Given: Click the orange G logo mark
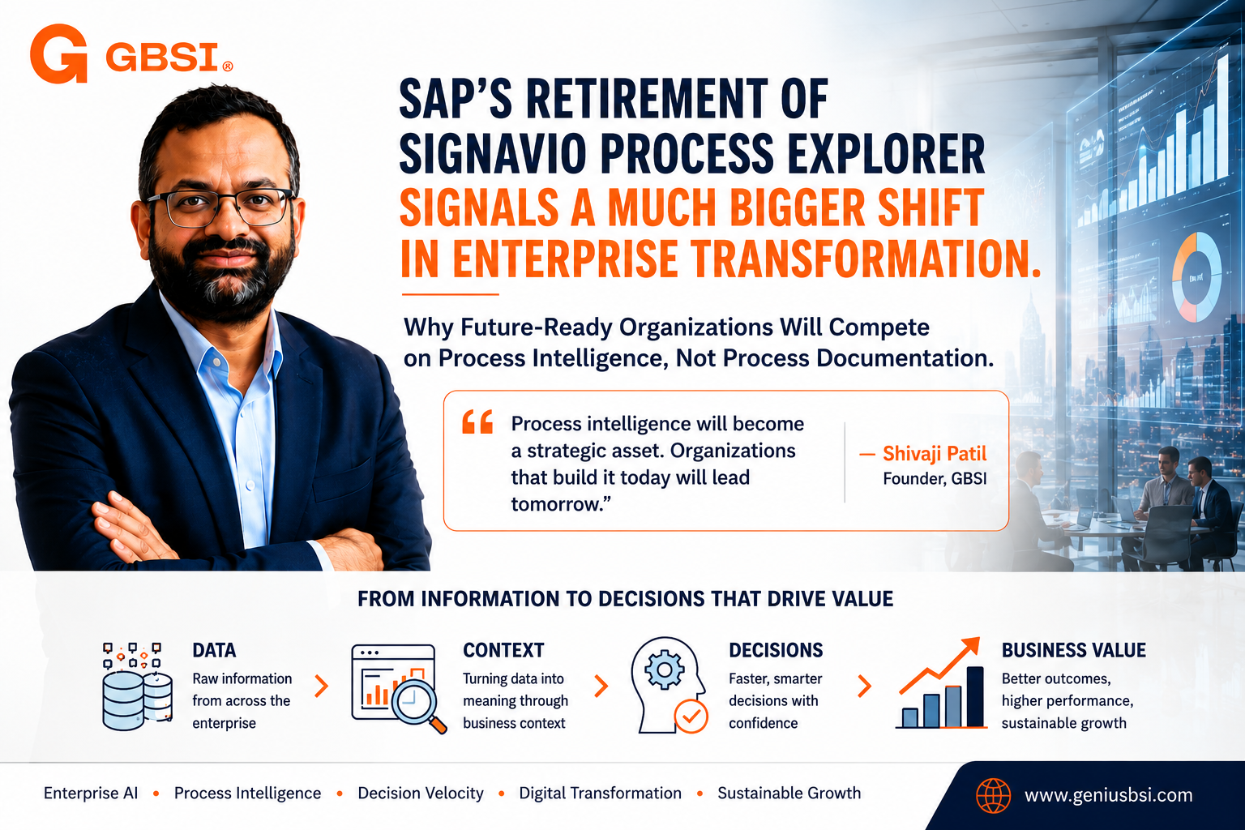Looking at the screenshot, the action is (x=59, y=53).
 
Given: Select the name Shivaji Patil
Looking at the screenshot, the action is (x=935, y=454).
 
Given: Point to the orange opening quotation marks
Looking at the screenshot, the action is (x=477, y=422).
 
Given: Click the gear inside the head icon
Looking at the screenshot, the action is (x=664, y=670).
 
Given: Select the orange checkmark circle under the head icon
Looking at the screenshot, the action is (x=691, y=716).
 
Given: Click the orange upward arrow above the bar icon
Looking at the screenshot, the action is (x=939, y=665).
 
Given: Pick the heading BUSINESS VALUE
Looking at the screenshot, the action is (x=1074, y=650).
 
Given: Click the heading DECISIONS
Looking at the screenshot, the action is (x=776, y=650).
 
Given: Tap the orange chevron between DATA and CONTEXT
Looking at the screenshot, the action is (x=321, y=686).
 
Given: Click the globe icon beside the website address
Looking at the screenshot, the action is (x=993, y=795).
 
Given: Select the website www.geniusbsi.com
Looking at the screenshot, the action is (x=1108, y=795).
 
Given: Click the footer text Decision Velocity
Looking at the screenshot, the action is (x=421, y=793).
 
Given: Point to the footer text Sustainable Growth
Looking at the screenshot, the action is (x=789, y=793).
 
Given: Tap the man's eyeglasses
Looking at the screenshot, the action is (x=221, y=207).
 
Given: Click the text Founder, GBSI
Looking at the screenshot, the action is (x=935, y=479).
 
